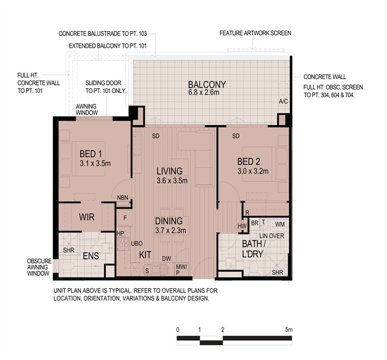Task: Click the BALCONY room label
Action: coord(207,85)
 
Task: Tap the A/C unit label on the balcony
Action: coord(283,101)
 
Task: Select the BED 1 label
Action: coord(90,154)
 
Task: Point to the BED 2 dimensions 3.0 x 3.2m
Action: coord(253,171)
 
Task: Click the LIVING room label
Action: coord(170,171)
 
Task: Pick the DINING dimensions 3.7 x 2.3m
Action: coord(171,231)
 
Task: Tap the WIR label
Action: coord(87,217)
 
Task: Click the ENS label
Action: coord(91,256)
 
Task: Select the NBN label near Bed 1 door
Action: coord(123,198)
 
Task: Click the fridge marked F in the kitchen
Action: coord(125,218)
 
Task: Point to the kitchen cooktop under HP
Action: coord(123,244)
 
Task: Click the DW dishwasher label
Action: coord(167,259)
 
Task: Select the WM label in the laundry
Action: coord(280,224)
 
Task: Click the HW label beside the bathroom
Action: coord(242,226)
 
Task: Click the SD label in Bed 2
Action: coord(236,136)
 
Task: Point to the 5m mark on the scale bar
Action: coord(289,330)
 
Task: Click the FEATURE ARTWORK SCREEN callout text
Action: coord(255,33)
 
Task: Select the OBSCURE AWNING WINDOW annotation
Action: coord(39,267)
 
